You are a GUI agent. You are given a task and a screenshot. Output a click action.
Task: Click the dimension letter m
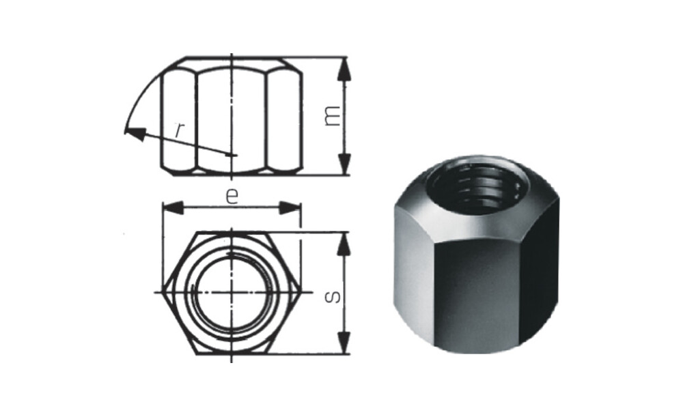333,116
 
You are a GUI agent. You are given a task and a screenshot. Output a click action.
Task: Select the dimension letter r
179,129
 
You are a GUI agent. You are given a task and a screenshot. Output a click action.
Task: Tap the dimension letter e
232,197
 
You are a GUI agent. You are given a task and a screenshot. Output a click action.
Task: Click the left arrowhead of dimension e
173,207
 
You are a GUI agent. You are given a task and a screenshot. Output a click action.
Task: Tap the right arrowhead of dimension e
290,207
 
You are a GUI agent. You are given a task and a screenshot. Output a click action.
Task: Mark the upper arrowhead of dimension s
344,244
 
